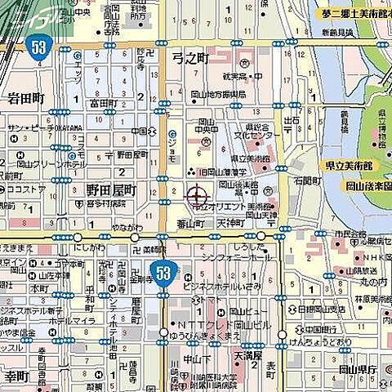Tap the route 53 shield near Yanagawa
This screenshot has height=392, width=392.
[x=165, y=270]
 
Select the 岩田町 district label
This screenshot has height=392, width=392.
[x=25, y=98]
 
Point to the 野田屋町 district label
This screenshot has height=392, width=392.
[x=113, y=189]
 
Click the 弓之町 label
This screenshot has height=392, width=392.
[x=191, y=59]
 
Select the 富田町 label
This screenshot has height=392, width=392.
[x=103, y=104]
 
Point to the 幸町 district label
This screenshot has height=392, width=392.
[x=16, y=376]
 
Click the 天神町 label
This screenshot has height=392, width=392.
[x=231, y=222]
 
